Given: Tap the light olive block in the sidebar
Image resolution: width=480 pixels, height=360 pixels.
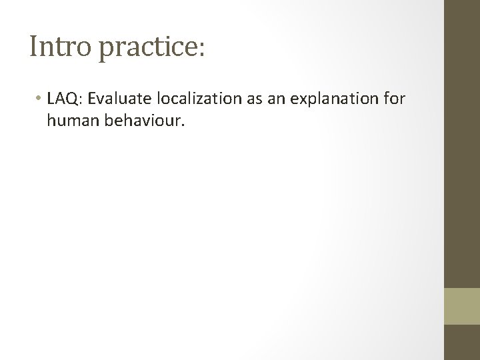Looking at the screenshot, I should [x=462, y=306].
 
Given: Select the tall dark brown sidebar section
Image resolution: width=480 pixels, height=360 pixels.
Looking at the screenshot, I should [x=462, y=143].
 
